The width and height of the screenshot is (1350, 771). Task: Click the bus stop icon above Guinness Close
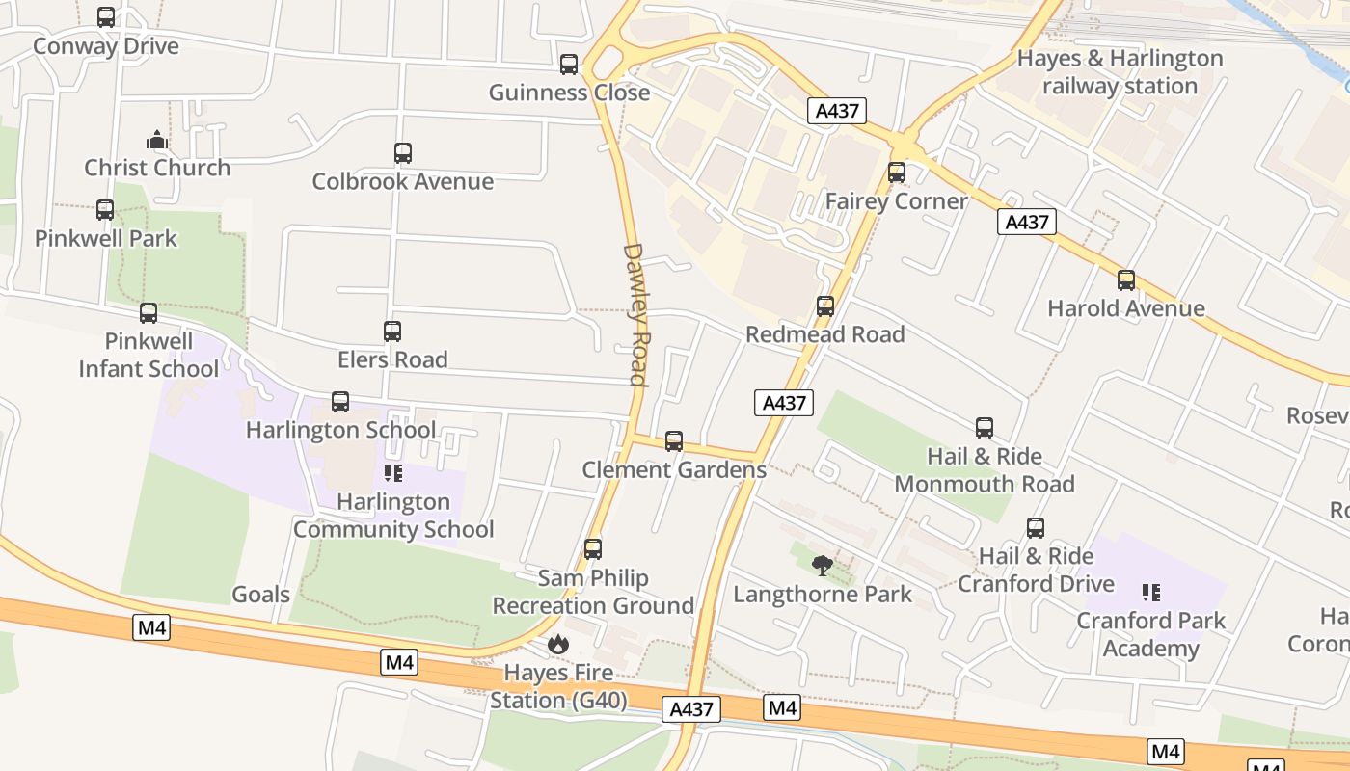569,65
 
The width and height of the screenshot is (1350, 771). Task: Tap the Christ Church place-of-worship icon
157,141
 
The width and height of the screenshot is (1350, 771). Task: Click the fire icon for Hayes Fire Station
557,644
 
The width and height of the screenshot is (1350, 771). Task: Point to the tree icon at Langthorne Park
822,566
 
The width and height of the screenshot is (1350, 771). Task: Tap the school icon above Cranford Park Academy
1150,592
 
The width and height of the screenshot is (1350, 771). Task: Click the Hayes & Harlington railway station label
1120,72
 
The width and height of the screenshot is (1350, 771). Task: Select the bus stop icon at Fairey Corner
897,173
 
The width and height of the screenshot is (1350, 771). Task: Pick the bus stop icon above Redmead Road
825,306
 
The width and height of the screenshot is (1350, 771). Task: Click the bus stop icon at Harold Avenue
1126,280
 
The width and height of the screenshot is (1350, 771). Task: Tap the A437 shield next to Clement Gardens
783,403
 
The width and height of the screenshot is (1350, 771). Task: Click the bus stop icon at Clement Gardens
674,441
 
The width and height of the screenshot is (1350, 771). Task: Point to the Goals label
260,595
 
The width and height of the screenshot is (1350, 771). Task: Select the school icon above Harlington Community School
392,473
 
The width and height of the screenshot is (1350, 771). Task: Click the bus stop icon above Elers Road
392,332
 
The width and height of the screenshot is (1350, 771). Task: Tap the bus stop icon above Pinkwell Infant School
148,313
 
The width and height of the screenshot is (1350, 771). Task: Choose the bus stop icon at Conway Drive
106,17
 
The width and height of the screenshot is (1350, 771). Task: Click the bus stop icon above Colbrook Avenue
403,153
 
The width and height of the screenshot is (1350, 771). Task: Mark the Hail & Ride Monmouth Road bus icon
985,428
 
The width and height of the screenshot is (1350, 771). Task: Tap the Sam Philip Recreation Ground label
593,592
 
